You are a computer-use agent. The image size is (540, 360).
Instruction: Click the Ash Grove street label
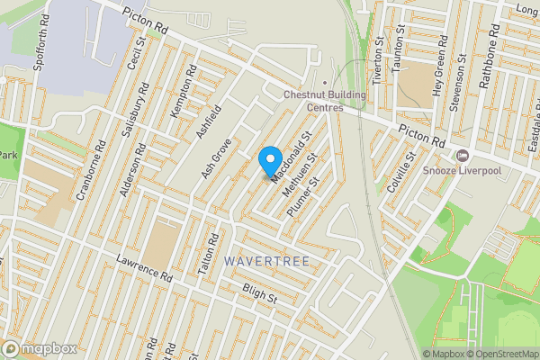217,157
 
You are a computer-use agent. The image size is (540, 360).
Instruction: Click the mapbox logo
38,348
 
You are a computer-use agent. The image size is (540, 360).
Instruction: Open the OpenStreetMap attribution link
502,354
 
